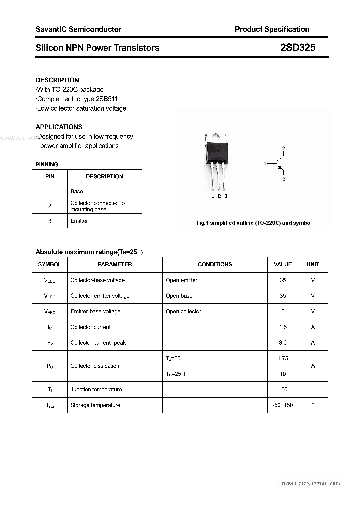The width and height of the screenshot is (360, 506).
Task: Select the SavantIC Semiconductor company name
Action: tap(78, 29)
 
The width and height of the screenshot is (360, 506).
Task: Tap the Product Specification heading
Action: tap(272, 29)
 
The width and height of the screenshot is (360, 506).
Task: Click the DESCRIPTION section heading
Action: tap(57, 80)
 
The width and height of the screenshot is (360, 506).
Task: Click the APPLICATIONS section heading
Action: tap(59, 127)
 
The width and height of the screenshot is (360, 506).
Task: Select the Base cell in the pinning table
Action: tap(77, 191)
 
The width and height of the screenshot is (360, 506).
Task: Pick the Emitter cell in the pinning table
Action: tap(79, 221)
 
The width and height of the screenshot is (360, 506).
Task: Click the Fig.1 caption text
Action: tap(254, 223)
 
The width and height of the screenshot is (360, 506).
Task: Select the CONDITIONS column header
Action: tap(215, 264)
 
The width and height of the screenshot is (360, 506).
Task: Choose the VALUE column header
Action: tap(283, 264)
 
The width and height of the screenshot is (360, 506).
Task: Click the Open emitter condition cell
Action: tap(181, 280)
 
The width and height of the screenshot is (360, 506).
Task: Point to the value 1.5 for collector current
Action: tap(283, 327)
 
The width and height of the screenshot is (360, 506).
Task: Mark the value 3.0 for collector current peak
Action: tap(283, 343)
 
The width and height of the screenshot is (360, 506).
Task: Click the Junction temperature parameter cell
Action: tap(96, 389)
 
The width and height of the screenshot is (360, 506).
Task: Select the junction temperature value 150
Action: tap(283, 389)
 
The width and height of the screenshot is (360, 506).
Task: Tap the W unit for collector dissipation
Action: tap(313, 366)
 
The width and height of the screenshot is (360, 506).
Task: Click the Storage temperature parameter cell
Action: tap(95, 405)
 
